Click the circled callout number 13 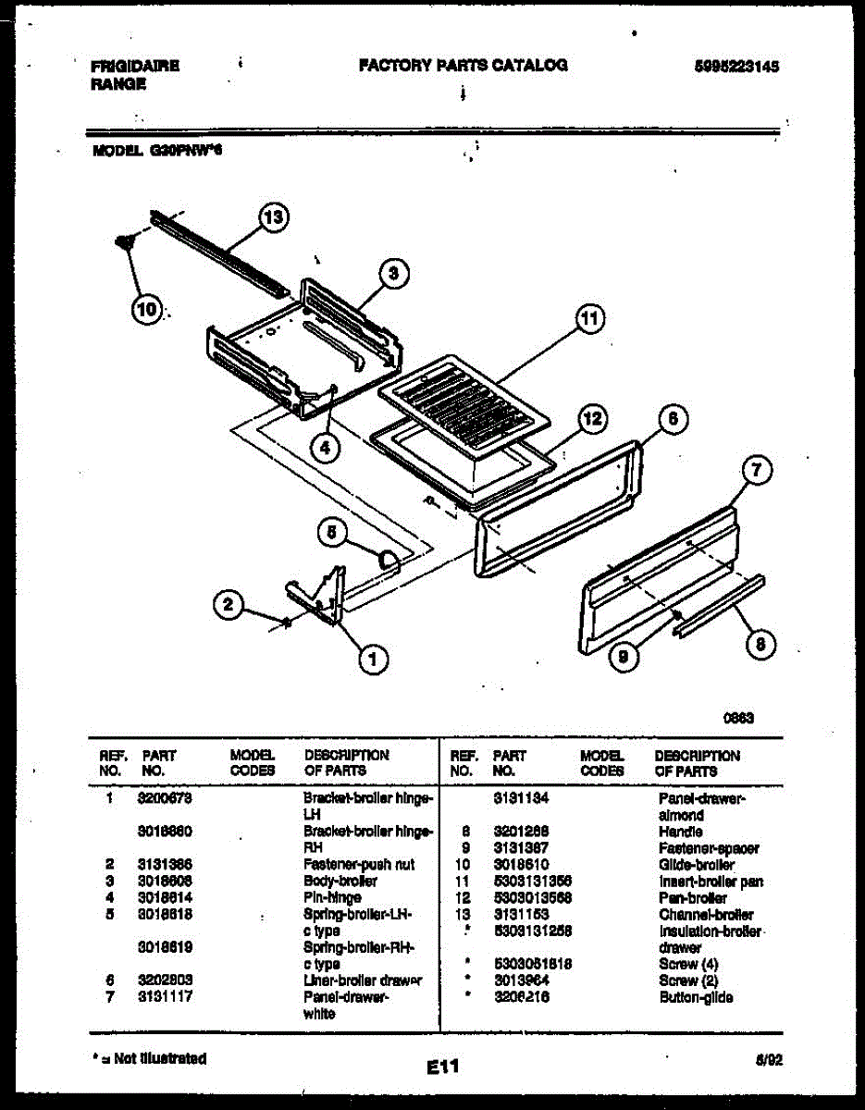[273, 218]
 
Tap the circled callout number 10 [146, 309]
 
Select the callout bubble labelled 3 [393, 273]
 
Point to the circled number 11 [587, 320]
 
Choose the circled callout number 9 [624, 656]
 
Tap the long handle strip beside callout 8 [720, 605]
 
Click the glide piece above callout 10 [121, 243]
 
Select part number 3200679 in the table [164, 797]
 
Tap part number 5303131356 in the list [532, 882]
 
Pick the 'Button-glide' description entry [696, 997]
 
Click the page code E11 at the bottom [443, 1067]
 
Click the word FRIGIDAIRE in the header [135, 66]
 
